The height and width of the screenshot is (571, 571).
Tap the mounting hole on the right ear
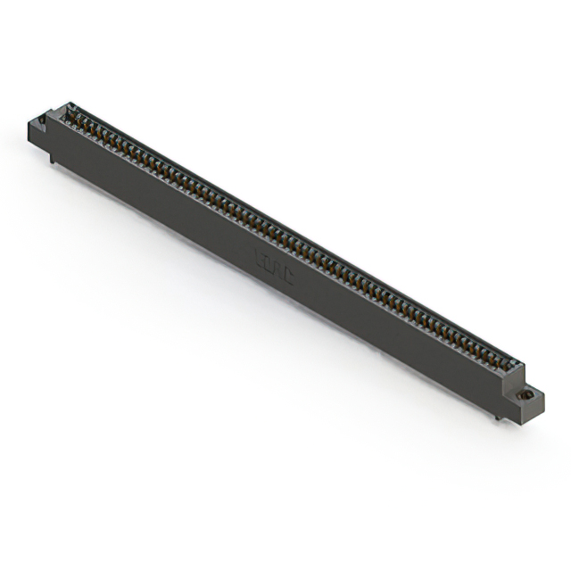[x=527, y=393]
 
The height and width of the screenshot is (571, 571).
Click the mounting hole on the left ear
[x=43, y=119]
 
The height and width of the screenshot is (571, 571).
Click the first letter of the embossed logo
[x=260, y=260]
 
